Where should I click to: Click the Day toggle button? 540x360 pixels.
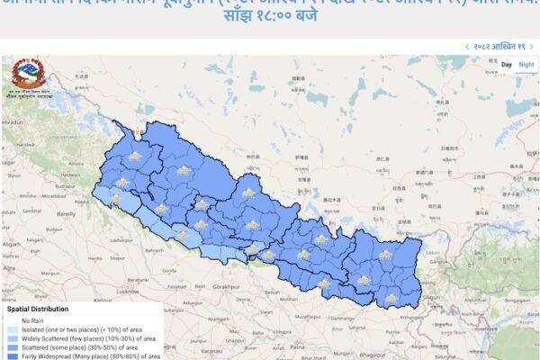507,65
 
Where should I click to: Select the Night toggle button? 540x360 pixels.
526,65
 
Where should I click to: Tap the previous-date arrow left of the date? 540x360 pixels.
466,46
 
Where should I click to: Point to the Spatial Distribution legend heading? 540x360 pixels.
39,308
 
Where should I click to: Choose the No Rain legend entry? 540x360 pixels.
33,319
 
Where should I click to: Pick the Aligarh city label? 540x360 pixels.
13,244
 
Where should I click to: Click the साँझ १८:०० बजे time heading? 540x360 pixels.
269,18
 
